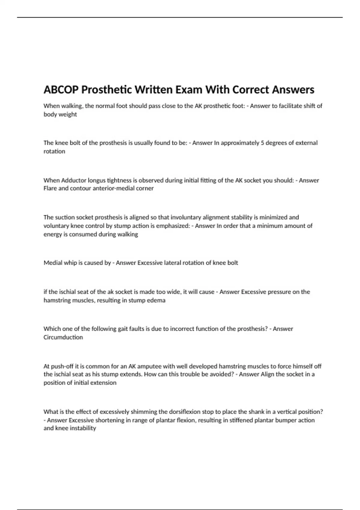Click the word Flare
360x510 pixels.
50,188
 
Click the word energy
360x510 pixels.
52,234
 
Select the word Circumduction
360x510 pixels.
63,337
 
